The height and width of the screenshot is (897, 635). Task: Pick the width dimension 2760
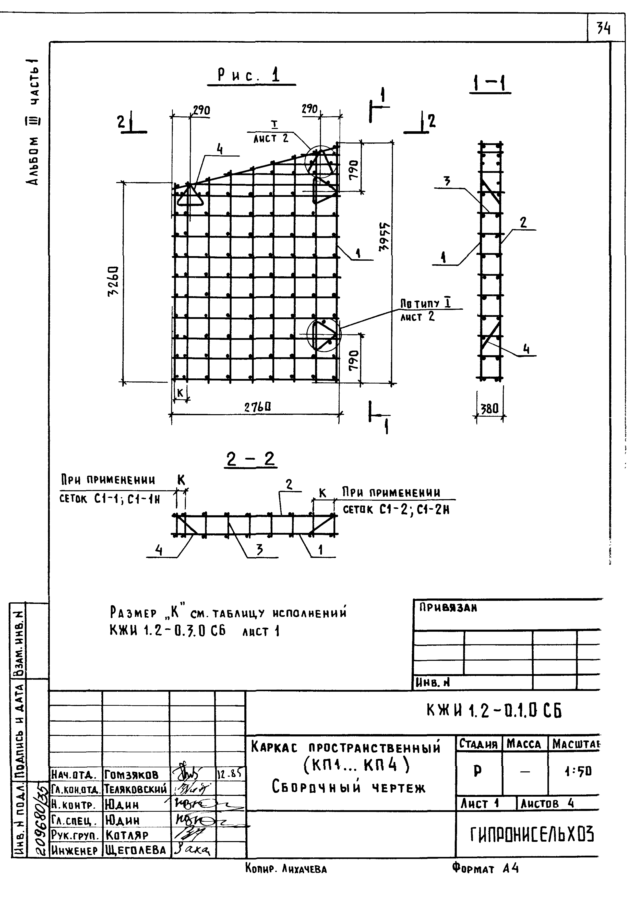point(258,408)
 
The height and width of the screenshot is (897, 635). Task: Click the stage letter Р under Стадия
point(477,771)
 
